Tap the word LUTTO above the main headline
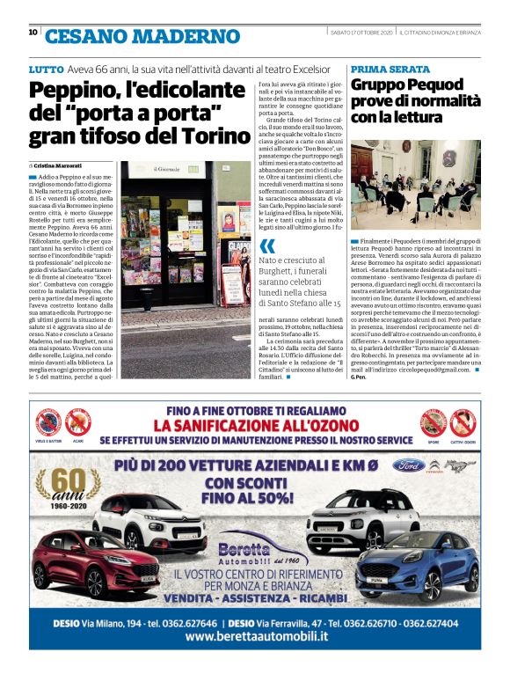(46, 69)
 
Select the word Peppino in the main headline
(76, 92)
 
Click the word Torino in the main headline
(215, 136)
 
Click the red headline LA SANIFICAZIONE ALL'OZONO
(254, 424)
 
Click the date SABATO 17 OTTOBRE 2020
(361, 33)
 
